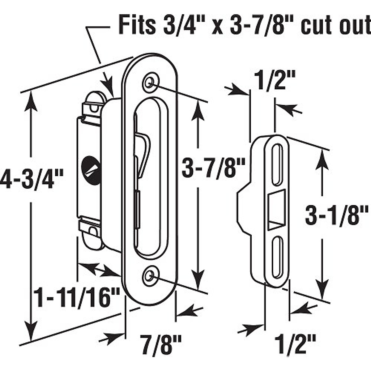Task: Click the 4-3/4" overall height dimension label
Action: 31,179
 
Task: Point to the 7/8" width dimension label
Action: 160,343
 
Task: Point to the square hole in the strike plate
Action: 276,211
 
